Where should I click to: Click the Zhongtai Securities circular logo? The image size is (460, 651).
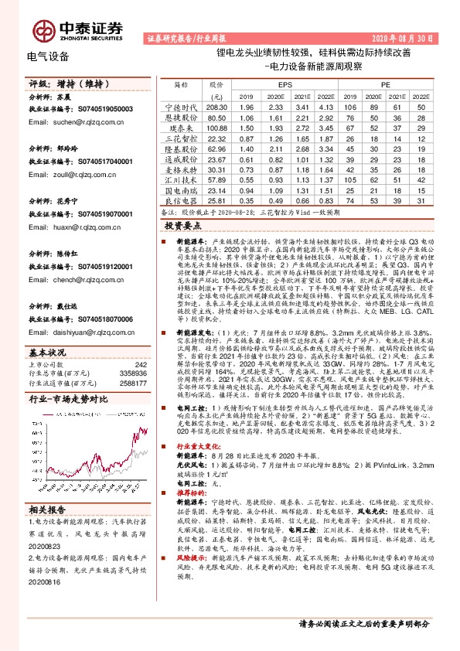(37, 27)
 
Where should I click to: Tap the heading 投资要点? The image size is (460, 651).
(182, 225)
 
